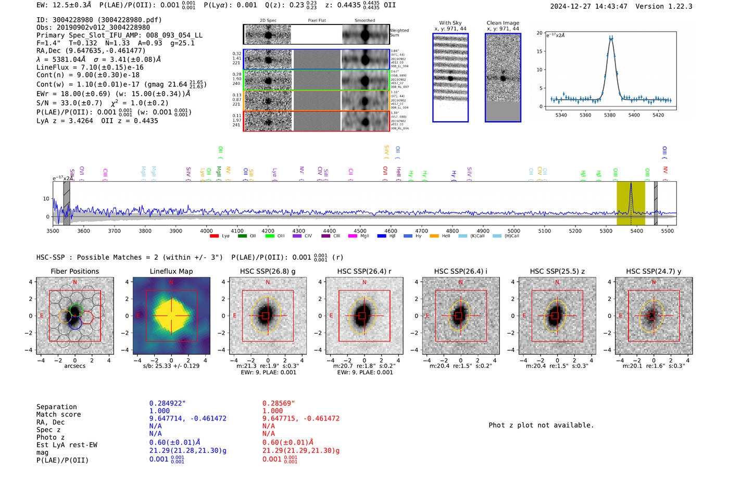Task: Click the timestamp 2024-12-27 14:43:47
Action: coord(588,6)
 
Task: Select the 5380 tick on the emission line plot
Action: coord(609,115)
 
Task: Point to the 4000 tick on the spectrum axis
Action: coord(206,231)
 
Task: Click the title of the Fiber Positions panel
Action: coord(74,271)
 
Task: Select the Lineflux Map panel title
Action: coord(171,271)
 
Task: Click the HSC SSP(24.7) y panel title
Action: coord(653,271)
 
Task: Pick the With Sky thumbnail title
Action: coord(450,23)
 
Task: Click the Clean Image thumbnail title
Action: coord(502,23)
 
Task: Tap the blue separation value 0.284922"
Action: coord(167,403)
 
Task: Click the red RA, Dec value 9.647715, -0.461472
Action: coord(300,418)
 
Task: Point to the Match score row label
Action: coord(58,414)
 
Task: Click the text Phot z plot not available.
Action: coord(541,425)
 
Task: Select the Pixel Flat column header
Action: coord(317,21)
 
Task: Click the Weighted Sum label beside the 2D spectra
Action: coord(399,33)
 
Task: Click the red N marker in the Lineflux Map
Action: coord(171,282)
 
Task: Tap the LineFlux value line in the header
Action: coord(90,67)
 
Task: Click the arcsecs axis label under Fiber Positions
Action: coord(74,366)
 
